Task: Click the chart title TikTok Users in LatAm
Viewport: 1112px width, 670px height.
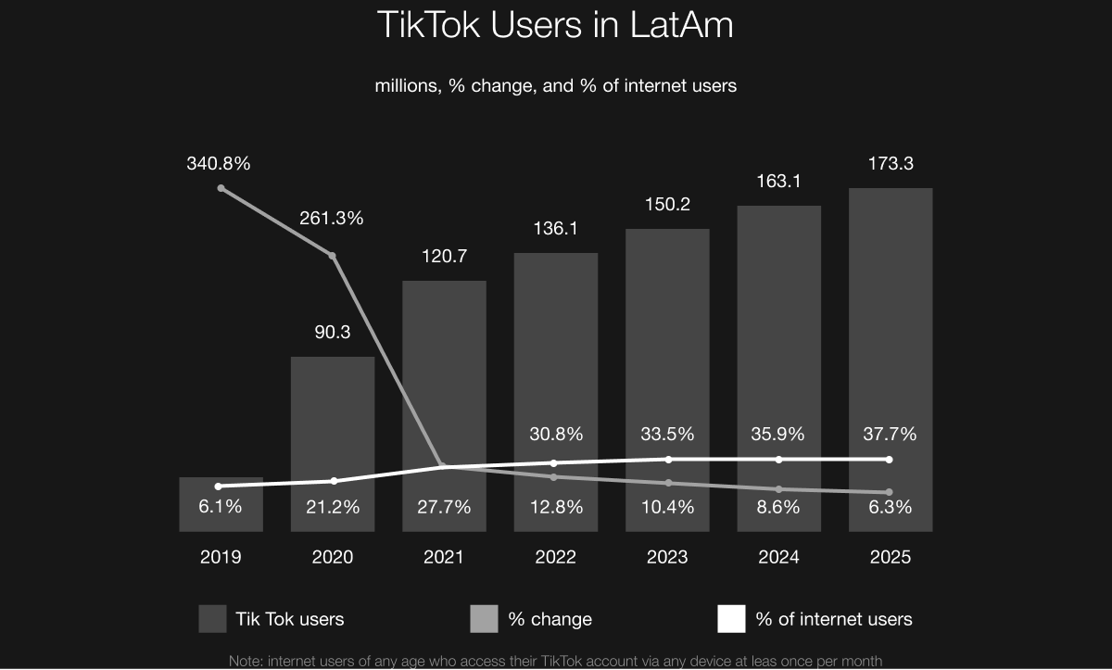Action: (x=555, y=25)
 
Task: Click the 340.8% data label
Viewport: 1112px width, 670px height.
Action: (x=219, y=164)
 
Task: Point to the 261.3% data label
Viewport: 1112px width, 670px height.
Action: (x=331, y=219)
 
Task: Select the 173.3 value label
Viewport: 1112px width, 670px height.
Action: (x=890, y=164)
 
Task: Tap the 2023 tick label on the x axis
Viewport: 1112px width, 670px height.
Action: (x=667, y=557)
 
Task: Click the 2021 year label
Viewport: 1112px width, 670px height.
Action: (x=444, y=557)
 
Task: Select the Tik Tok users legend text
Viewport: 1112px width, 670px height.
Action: (x=290, y=619)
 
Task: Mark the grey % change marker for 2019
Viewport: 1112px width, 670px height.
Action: (x=221, y=188)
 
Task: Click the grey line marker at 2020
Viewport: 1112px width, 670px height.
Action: (x=333, y=255)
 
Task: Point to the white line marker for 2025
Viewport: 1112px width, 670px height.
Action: (x=890, y=460)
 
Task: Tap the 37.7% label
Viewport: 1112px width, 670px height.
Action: (x=890, y=434)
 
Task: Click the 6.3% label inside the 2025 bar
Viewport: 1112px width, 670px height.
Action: (x=890, y=507)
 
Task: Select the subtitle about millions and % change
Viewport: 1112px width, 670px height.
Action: (x=555, y=85)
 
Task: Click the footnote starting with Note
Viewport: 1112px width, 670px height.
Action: (x=555, y=661)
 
